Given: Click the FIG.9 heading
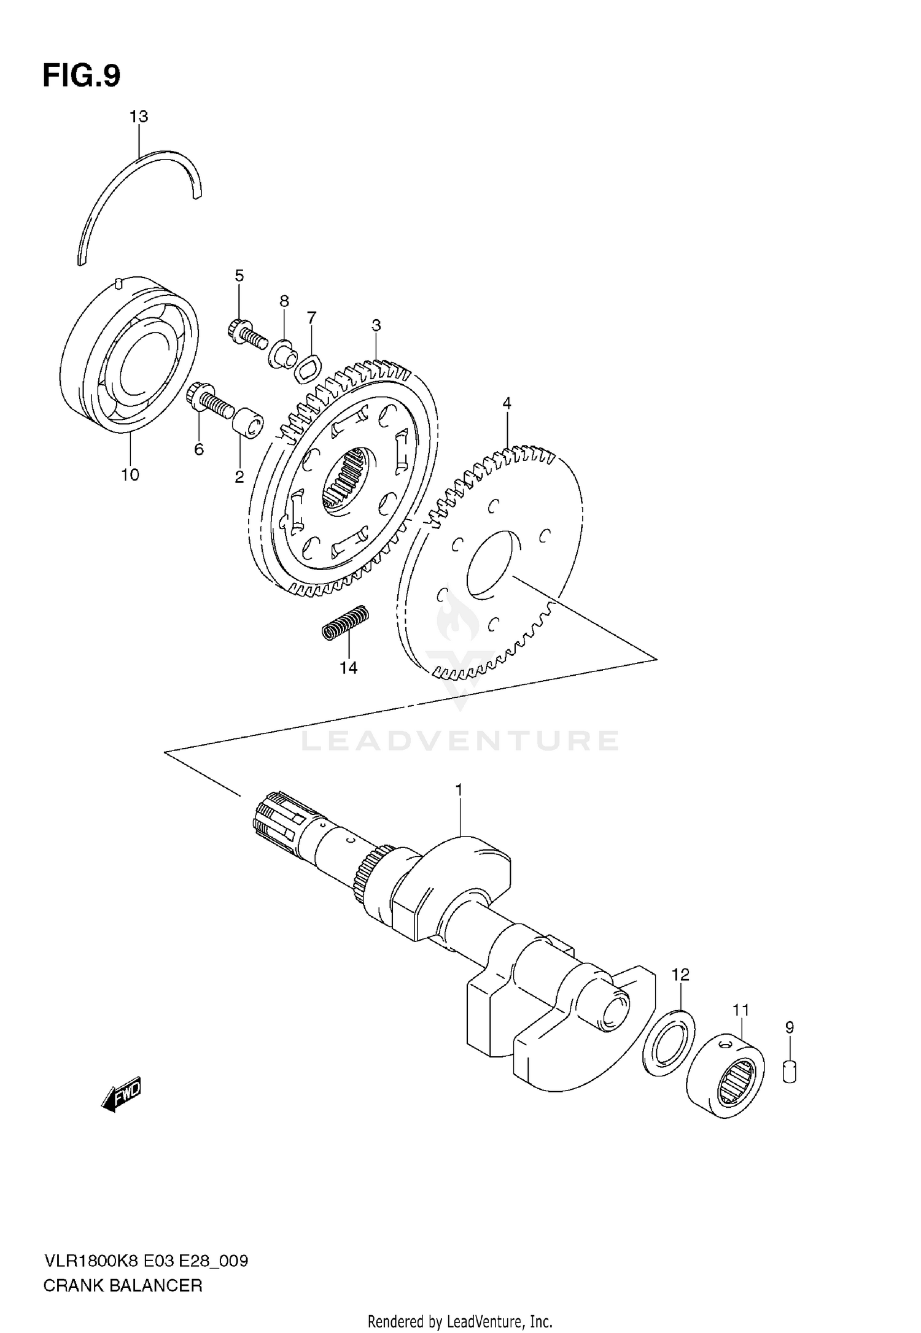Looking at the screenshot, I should click(81, 77).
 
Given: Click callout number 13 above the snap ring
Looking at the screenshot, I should click(139, 117).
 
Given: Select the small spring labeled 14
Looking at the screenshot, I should click(346, 624).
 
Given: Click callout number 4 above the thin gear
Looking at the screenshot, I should click(507, 403).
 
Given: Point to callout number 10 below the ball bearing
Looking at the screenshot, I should click(130, 474).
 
